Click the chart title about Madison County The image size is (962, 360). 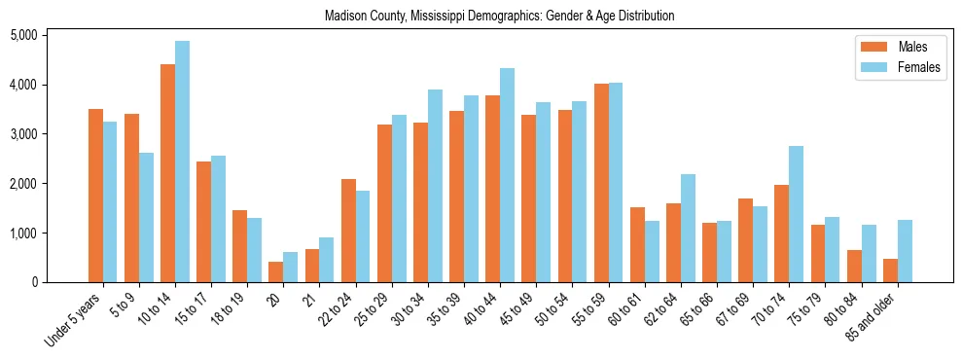tap(499, 16)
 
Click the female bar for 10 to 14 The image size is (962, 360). tap(182, 162)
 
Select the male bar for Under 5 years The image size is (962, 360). tap(95, 196)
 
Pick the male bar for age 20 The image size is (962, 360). tap(275, 272)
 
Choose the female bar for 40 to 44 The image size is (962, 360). tap(507, 175)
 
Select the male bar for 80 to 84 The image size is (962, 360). tap(853, 266)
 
